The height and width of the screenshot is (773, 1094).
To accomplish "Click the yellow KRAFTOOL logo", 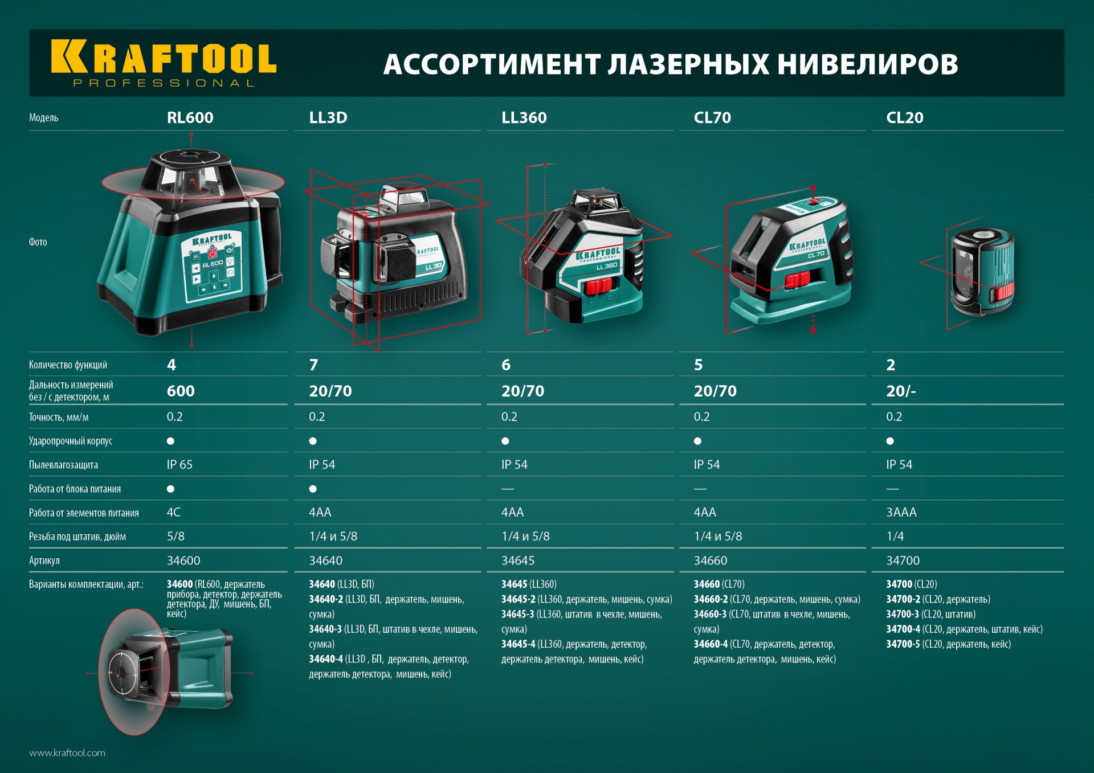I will point(164,58).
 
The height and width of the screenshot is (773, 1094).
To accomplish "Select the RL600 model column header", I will point(190,118).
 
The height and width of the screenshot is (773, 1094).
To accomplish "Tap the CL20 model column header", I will point(904,118).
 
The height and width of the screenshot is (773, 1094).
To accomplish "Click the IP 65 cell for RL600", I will point(179,465).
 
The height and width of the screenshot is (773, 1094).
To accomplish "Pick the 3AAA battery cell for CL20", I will point(901,513).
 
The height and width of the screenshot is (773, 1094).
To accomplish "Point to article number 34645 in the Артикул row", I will point(517,561).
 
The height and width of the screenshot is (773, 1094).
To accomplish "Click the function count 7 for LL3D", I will point(313,365).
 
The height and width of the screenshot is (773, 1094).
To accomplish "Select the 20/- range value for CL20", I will point(900,391).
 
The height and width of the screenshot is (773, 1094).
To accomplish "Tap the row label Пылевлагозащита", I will point(63,465).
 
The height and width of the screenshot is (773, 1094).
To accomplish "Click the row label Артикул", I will point(44,561).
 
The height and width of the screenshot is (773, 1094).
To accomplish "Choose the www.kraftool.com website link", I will point(67,753).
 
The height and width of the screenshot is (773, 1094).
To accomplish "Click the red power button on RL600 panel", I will point(212,253).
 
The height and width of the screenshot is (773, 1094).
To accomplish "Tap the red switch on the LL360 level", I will point(598,286).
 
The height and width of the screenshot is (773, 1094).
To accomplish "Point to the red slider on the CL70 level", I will point(797,280).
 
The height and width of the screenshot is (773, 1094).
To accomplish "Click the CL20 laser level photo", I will point(982,271).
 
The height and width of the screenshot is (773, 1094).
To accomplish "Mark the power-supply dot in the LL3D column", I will point(313,489).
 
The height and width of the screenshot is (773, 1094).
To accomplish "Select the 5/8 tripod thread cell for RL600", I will point(175,537).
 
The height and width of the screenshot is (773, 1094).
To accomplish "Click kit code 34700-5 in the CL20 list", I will point(903,644).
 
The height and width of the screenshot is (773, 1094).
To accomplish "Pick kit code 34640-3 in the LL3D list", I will point(325,629).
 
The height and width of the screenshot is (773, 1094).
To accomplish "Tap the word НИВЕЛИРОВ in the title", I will point(867,64).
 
